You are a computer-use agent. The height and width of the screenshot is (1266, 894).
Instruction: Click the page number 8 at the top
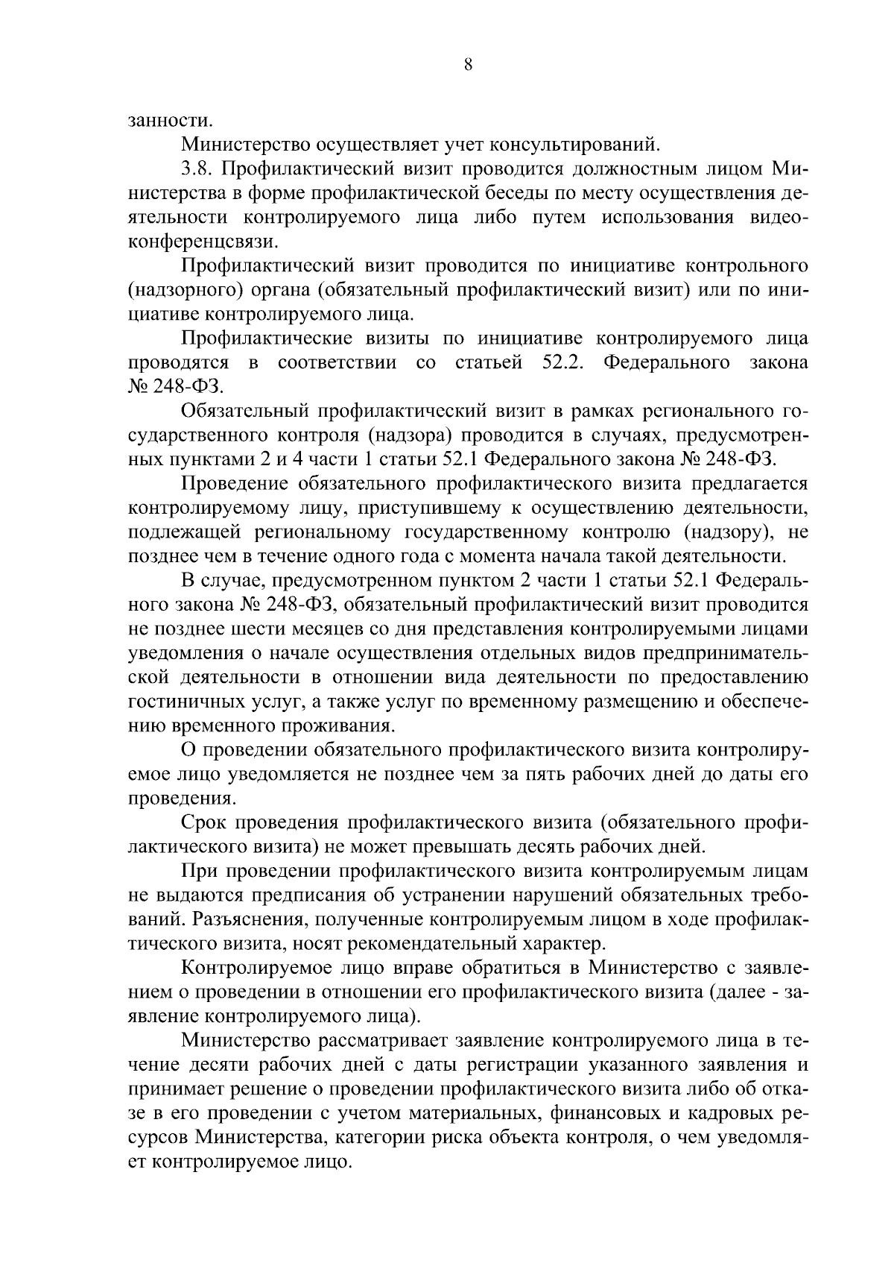pyautogui.click(x=468, y=65)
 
